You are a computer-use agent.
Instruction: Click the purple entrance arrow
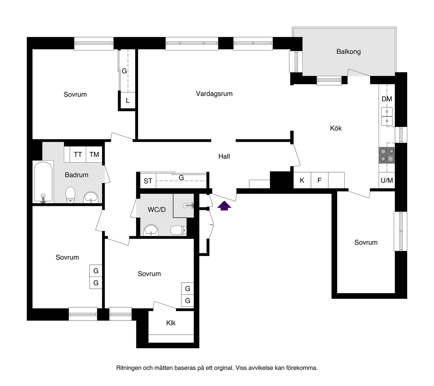click(224, 206)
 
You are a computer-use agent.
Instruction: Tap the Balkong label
click(348, 52)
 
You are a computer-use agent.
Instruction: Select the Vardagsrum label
click(214, 94)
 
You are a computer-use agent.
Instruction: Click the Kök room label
click(336, 128)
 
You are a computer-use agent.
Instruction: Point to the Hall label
click(224, 156)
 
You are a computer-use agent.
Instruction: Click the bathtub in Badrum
click(43, 182)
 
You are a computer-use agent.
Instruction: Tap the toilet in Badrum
click(70, 195)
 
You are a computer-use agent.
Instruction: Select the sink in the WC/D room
click(151, 230)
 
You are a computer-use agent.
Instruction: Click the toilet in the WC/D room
click(178, 230)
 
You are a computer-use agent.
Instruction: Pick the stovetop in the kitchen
click(387, 155)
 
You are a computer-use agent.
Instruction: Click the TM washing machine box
click(94, 154)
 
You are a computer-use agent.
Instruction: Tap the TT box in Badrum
click(78, 154)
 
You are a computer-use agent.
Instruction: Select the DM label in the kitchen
click(387, 99)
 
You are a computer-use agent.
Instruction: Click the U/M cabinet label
click(387, 180)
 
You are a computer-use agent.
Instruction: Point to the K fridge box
click(302, 180)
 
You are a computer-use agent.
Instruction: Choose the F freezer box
click(319, 180)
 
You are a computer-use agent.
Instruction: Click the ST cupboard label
click(148, 181)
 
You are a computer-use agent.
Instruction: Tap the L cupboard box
click(128, 100)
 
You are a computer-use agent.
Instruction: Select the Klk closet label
click(171, 323)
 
